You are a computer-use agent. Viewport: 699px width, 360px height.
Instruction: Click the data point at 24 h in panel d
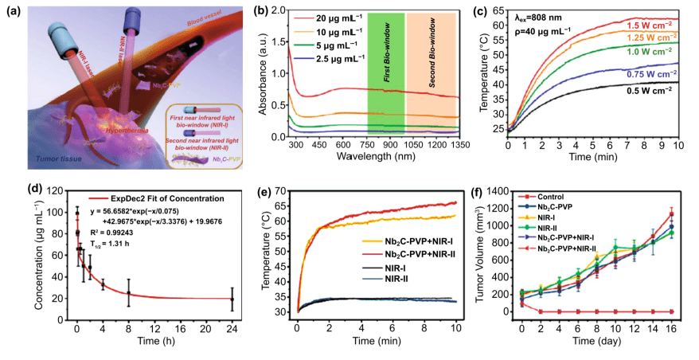click(232, 299)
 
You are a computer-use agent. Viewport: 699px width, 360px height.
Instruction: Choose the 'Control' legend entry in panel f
click(582, 196)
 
